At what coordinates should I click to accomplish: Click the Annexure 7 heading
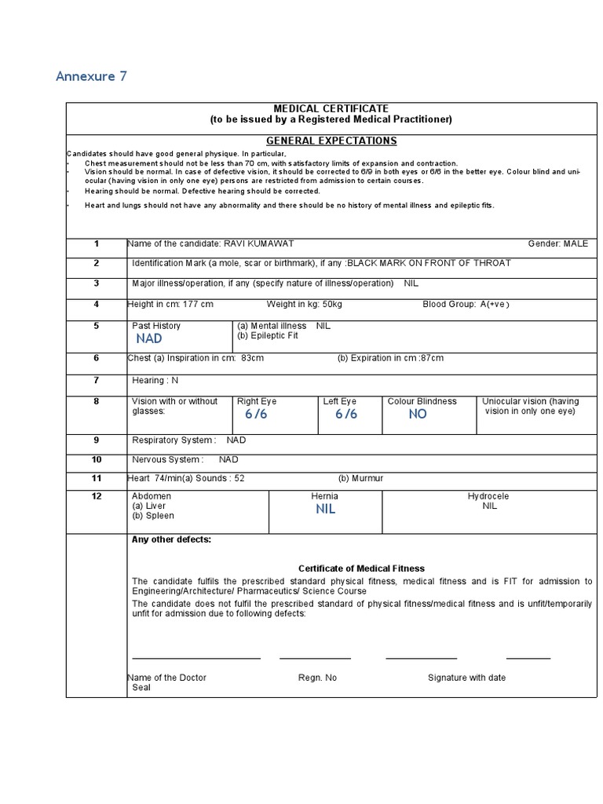91,76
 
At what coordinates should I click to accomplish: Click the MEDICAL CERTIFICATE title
331,108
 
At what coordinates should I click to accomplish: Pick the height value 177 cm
198,304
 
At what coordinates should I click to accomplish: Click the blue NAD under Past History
149,338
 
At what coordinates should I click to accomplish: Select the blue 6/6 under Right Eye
256,414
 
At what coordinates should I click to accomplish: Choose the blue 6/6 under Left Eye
346,414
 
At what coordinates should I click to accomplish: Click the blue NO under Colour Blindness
418,414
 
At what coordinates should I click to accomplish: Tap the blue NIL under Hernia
325,509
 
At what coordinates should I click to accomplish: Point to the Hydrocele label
488,496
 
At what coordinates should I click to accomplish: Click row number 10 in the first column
97,459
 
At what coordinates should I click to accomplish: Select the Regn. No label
317,678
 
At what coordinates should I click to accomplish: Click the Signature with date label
466,678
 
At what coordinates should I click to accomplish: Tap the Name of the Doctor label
166,678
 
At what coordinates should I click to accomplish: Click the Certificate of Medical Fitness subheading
361,568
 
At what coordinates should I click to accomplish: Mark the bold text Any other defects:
171,539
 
